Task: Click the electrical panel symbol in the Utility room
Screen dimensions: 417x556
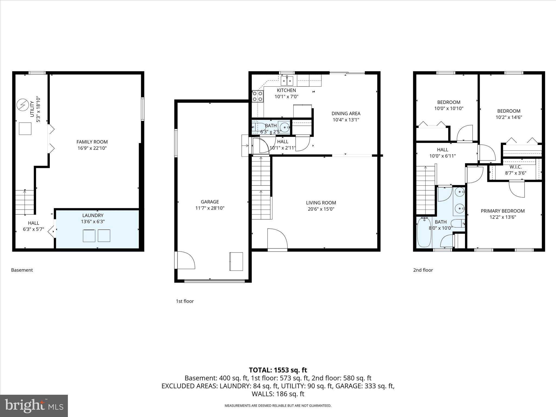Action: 23,105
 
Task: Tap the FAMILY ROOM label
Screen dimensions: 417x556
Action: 92,142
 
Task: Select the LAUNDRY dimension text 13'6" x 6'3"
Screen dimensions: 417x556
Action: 93,222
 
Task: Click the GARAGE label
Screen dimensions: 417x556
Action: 210,202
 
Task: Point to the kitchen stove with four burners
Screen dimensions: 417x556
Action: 258,96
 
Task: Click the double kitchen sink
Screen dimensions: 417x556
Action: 287,81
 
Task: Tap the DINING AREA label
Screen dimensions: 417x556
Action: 346,113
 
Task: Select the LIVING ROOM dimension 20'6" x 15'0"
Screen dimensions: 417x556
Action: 321,209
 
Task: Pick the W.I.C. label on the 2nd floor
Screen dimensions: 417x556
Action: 515,167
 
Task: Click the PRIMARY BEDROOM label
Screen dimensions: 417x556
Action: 503,211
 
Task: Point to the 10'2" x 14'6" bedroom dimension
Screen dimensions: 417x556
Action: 509,117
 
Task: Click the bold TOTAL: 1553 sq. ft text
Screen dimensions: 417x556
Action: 278,370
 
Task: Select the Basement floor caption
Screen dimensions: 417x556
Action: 22,270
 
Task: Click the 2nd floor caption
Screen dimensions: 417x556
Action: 423,270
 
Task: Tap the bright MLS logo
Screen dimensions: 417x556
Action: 34,406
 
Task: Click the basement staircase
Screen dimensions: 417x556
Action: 25,202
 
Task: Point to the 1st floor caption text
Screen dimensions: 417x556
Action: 185,301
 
